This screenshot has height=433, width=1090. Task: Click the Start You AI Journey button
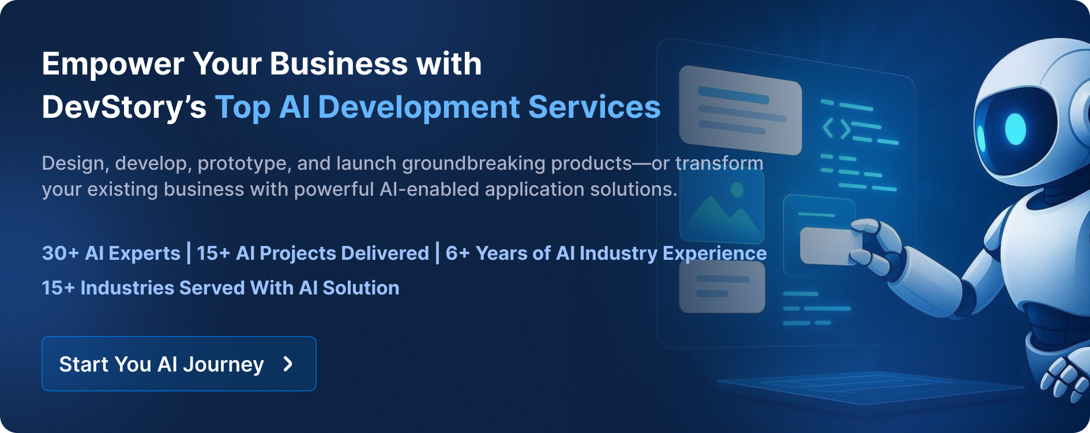(x=179, y=364)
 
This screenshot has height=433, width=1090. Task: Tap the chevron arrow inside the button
(x=288, y=364)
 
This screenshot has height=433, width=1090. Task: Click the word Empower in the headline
(x=113, y=65)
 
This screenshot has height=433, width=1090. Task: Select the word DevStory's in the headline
(x=124, y=107)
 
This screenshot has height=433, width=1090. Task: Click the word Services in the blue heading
(x=595, y=107)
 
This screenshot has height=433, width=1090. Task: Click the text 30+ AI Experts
(x=111, y=253)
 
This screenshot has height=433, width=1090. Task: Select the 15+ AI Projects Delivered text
(x=313, y=253)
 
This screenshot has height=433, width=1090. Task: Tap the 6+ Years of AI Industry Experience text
(x=606, y=253)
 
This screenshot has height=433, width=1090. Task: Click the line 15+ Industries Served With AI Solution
(x=220, y=288)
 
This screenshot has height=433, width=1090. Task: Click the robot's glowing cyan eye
(x=1016, y=129)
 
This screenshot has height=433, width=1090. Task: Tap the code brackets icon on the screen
(x=837, y=128)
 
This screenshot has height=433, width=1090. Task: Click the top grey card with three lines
(x=741, y=110)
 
